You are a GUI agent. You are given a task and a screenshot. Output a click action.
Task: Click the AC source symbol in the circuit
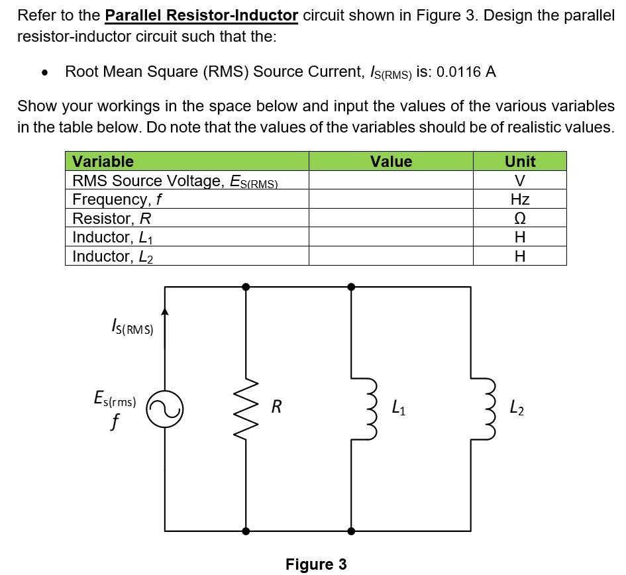(x=165, y=409)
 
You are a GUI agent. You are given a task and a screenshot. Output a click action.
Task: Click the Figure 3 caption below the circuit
(x=316, y=564)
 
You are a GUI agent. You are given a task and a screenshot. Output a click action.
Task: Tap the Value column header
(x=391, y=161)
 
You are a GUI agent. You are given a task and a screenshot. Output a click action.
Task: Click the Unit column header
(x=520, y=161)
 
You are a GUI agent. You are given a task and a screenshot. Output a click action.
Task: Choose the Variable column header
(x=103, y=161)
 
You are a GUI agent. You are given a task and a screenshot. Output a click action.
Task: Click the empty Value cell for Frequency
(x=391, y=199)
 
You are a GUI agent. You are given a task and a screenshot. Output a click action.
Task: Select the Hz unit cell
(x=520, y=199)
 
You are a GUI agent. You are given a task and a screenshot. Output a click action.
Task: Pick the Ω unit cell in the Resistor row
(x=520, y=219)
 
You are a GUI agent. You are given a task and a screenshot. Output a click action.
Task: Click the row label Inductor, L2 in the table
(x=113, y=256)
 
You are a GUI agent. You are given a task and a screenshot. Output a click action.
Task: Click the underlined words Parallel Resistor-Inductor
(x=201, y=15)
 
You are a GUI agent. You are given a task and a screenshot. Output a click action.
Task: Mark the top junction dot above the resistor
(x=246, y=287)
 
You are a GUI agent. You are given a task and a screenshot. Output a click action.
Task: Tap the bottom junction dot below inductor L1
(x=351, y=531)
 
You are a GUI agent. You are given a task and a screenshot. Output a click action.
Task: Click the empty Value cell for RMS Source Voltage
(x=391, y=180)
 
